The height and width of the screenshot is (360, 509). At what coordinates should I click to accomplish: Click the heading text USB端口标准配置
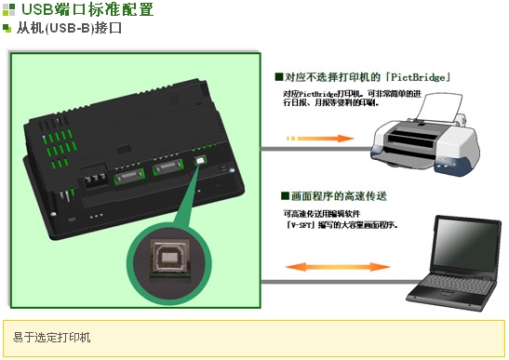click(87, 9)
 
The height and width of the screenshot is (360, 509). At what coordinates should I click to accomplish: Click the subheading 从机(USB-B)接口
click(70, 28)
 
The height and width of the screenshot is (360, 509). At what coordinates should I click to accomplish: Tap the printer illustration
click(425, 135)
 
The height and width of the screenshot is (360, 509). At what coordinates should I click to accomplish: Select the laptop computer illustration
click(454, 263)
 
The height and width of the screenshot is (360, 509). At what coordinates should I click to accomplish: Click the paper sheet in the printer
click(438, 107)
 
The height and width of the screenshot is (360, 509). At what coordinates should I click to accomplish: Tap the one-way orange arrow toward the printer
click(320, 139)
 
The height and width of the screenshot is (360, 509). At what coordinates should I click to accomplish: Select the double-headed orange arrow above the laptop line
click(338, 267)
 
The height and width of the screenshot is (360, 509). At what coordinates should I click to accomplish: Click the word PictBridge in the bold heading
click(418, 77)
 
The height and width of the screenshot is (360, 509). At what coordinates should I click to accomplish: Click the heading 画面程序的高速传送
click(339, 196)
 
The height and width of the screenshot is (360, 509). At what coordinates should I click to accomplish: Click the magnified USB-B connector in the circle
click(168, 258)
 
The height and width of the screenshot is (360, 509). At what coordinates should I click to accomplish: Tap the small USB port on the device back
click(201, 160)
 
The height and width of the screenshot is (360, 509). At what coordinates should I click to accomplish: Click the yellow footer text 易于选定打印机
click(51, 338)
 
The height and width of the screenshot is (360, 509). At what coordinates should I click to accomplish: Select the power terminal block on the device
click(96, 180)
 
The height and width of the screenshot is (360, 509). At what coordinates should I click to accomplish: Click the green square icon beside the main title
click(8, 9)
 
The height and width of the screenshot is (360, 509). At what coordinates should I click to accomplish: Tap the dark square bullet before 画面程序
click(285, 195)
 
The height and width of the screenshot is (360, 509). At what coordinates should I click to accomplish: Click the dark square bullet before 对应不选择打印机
click(279, 77)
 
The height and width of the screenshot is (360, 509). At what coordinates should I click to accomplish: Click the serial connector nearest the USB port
click(168, 167)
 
